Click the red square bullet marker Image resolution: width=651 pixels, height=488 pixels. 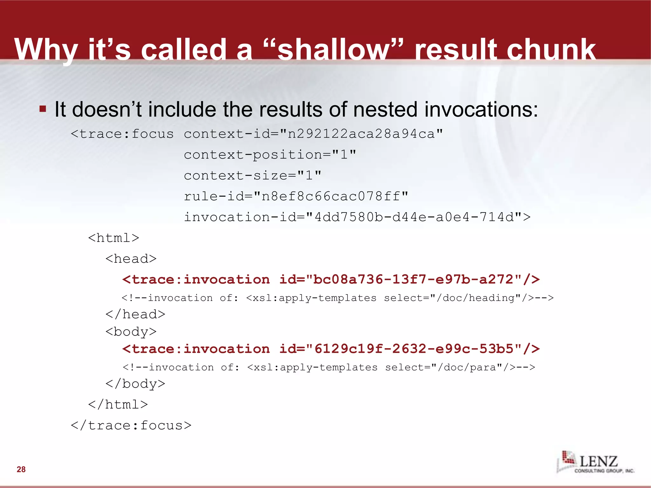click(x=43, y=109)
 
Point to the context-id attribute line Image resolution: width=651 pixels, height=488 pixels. click(x=313, y=134)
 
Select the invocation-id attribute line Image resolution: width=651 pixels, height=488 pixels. click(x=357, y=217)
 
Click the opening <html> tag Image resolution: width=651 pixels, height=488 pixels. click(x=113, y=238)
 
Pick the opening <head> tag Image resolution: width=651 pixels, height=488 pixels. click(x=131, y=259)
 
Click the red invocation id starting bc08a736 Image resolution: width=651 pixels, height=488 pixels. click(x=331, y=280)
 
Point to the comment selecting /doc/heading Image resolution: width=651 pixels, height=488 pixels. click(x=337, y=298)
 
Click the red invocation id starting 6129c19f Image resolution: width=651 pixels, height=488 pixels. click(x=331, y=349)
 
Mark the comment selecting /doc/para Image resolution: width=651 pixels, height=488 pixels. click(x=329, y=368)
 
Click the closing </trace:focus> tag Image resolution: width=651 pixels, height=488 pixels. click(x=131, y=426)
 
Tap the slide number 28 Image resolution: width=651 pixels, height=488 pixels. click(x=21, y=469)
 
